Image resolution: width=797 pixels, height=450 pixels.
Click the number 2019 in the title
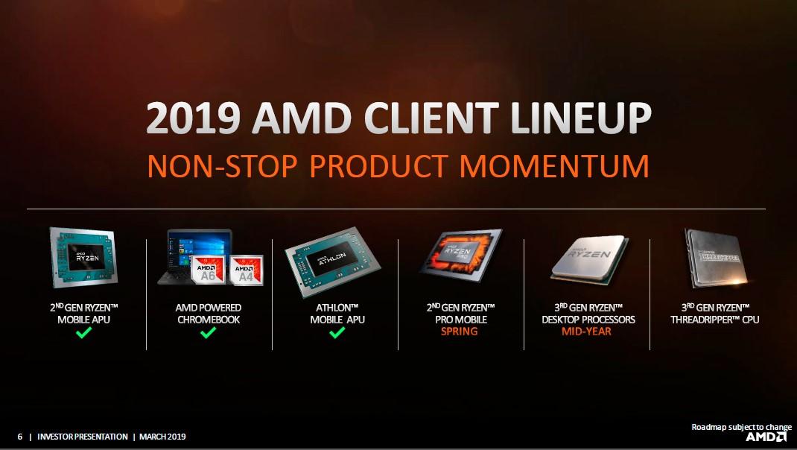(192, 119)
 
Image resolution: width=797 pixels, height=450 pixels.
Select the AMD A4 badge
(245, 270)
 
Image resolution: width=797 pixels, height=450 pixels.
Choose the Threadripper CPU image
(714, 256)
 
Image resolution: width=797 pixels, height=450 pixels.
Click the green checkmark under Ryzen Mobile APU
(83, 332)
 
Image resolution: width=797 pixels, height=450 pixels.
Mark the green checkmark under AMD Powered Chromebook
(208, 332)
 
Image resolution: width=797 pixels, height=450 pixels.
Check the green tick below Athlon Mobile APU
(337, 332)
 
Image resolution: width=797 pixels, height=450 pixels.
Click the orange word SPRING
(459, 332)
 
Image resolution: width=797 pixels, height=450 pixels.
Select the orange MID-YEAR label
(586, 332)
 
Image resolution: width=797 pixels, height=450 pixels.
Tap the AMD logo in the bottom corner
(766, 437)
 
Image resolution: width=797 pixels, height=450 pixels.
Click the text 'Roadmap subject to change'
(741, 427)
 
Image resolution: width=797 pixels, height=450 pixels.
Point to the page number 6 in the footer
(20, 437)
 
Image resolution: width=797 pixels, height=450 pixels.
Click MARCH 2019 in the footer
(162, 437)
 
